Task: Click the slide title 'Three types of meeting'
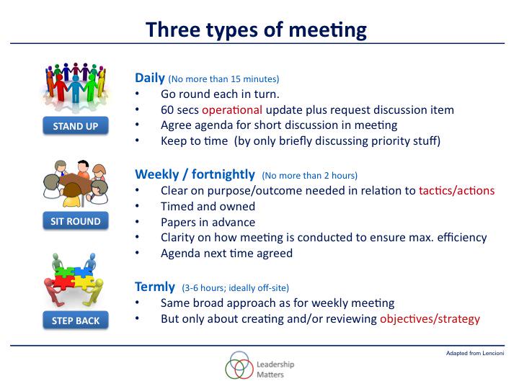256,30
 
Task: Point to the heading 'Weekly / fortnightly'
195,174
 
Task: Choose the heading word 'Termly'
156,286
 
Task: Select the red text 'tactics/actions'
456,191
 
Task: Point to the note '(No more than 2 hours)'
310,175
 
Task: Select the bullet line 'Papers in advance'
208,223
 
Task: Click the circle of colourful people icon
76,85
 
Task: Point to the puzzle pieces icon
76,277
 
